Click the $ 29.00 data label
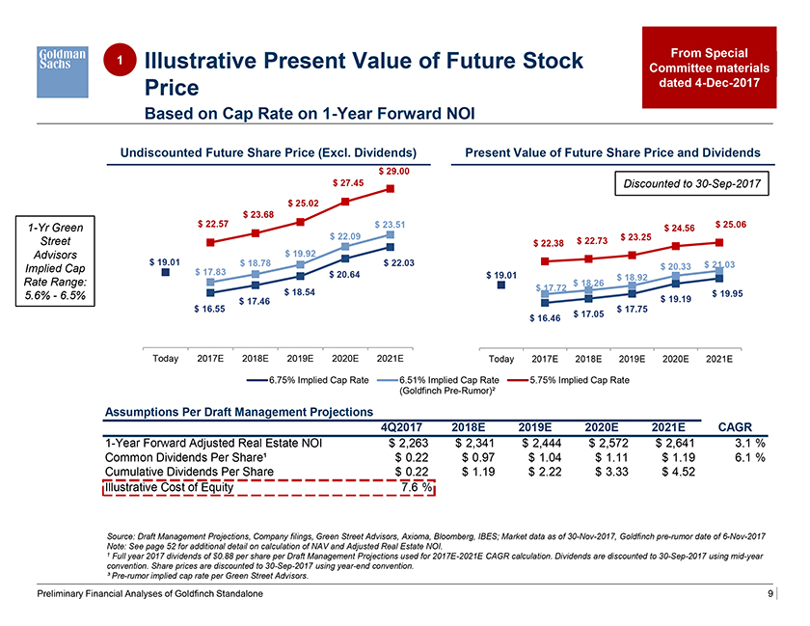pos(393,171)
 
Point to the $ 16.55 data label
pos(208,309)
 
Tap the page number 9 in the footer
pos(770,595)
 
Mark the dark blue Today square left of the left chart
pos(165,273)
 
